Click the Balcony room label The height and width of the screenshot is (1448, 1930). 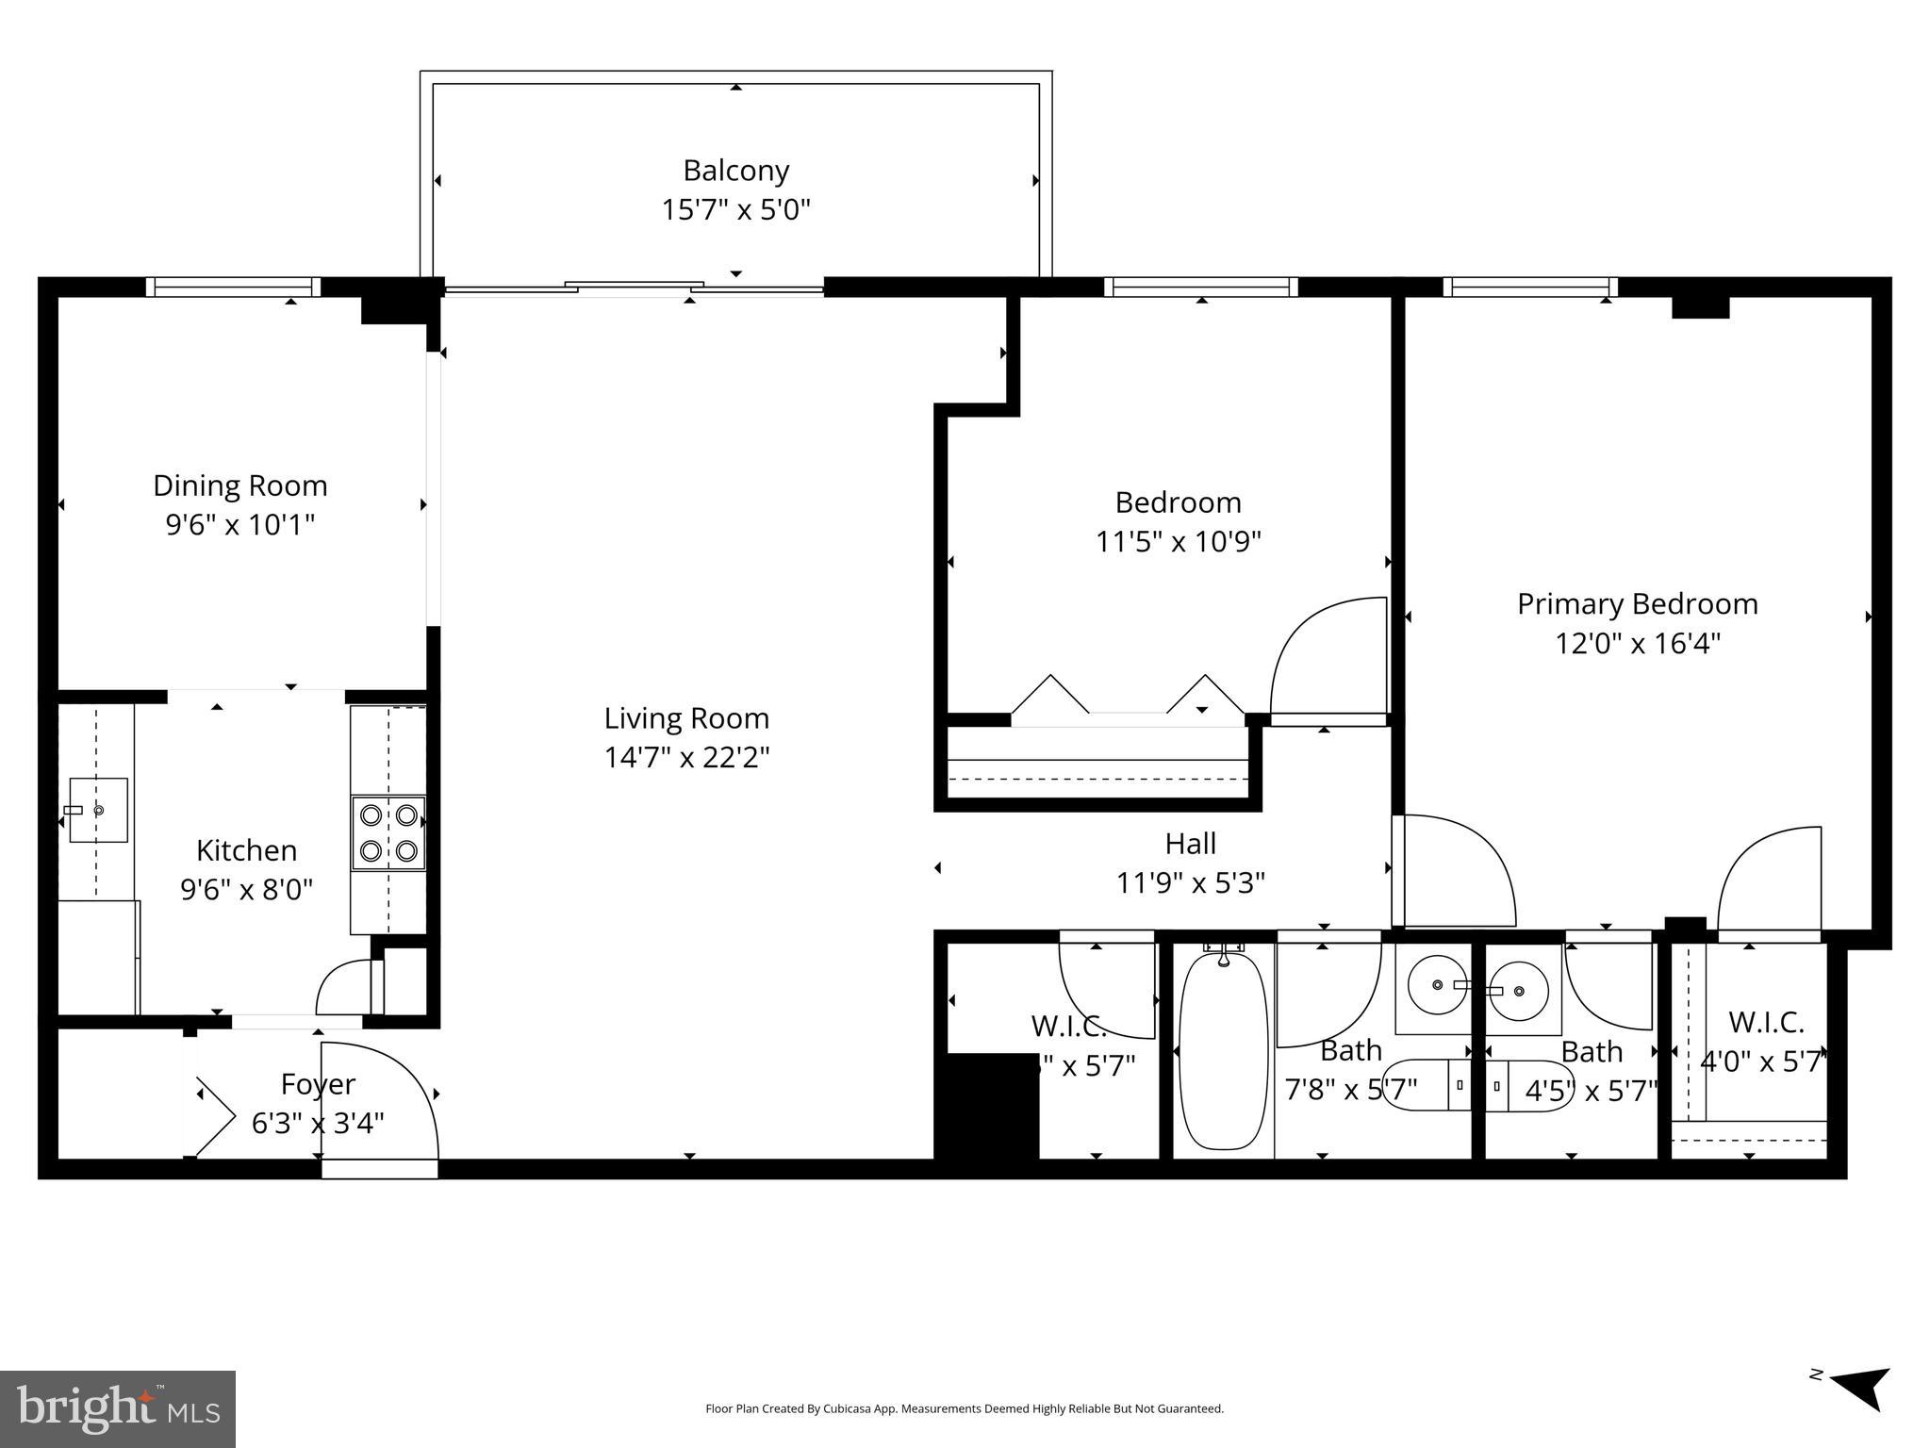coord(735,171)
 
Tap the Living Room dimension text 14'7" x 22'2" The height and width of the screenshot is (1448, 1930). coord(686,758)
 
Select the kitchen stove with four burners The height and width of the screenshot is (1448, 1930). coord(388,832)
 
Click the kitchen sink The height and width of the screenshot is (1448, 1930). coord(97,810)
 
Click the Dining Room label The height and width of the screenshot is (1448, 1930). coord(240,485)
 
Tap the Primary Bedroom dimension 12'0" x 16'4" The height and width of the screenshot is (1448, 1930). coord(1637,644)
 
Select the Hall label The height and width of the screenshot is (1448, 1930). coord(1190,843)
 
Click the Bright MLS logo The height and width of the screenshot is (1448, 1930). coord(117,1408)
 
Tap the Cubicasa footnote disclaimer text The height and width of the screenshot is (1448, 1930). coord(964,1408)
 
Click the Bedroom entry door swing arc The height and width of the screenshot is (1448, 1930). coord(1325,655)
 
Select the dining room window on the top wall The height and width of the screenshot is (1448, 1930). coord(233,287)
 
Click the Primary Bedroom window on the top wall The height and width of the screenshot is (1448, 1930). coord(1529,287)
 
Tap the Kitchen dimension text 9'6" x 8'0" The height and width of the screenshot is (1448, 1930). coord(246,890)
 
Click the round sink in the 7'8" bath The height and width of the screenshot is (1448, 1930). coord(1436,985)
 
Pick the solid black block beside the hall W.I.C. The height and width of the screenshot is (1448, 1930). coord(986,1106)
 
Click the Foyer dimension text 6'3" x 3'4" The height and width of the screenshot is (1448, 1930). coord(318,1124)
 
